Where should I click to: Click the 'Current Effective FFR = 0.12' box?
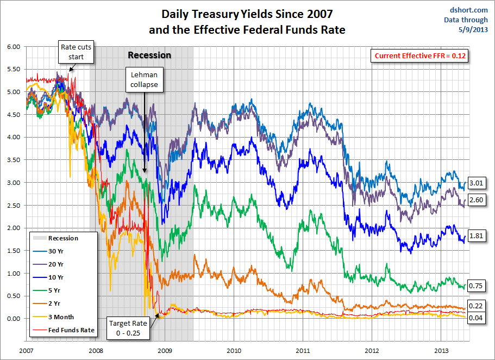(x=421, y=56)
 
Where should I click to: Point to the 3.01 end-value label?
(x=476, y=183)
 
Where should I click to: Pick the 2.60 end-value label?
(x=476, y=200)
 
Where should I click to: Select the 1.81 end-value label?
(x=476, y=236)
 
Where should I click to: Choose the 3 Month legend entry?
(x=60, y=316)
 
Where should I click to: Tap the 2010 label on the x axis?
(x=234, y=350)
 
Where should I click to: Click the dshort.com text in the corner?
(x=470, y=10)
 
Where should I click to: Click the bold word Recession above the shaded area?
(x=149, y=55)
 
